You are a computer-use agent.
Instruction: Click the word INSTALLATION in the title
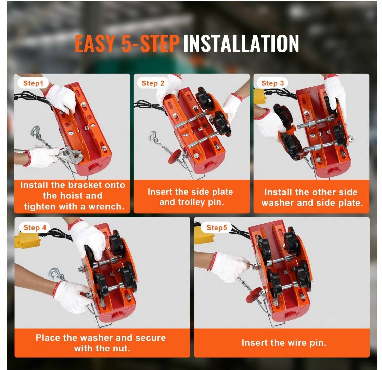click(x=241, y=44)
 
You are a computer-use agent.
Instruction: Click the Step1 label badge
click(x=33, y=83)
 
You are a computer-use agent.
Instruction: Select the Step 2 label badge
click(x=153, y=83)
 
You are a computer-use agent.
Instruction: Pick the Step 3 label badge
click(x=272, y=83)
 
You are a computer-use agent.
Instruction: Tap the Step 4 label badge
click(x=35, y=228)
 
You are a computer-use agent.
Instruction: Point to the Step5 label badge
click(x=217, y=228)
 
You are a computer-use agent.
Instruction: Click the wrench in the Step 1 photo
click(x=68, y=155)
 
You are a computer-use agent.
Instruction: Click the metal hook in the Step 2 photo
click(x=153, y=137)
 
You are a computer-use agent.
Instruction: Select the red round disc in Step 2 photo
click(x=175, y=157)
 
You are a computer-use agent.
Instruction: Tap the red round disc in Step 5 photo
click(x=254, y=295)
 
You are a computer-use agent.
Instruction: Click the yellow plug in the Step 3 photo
click(x=260, y=96)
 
